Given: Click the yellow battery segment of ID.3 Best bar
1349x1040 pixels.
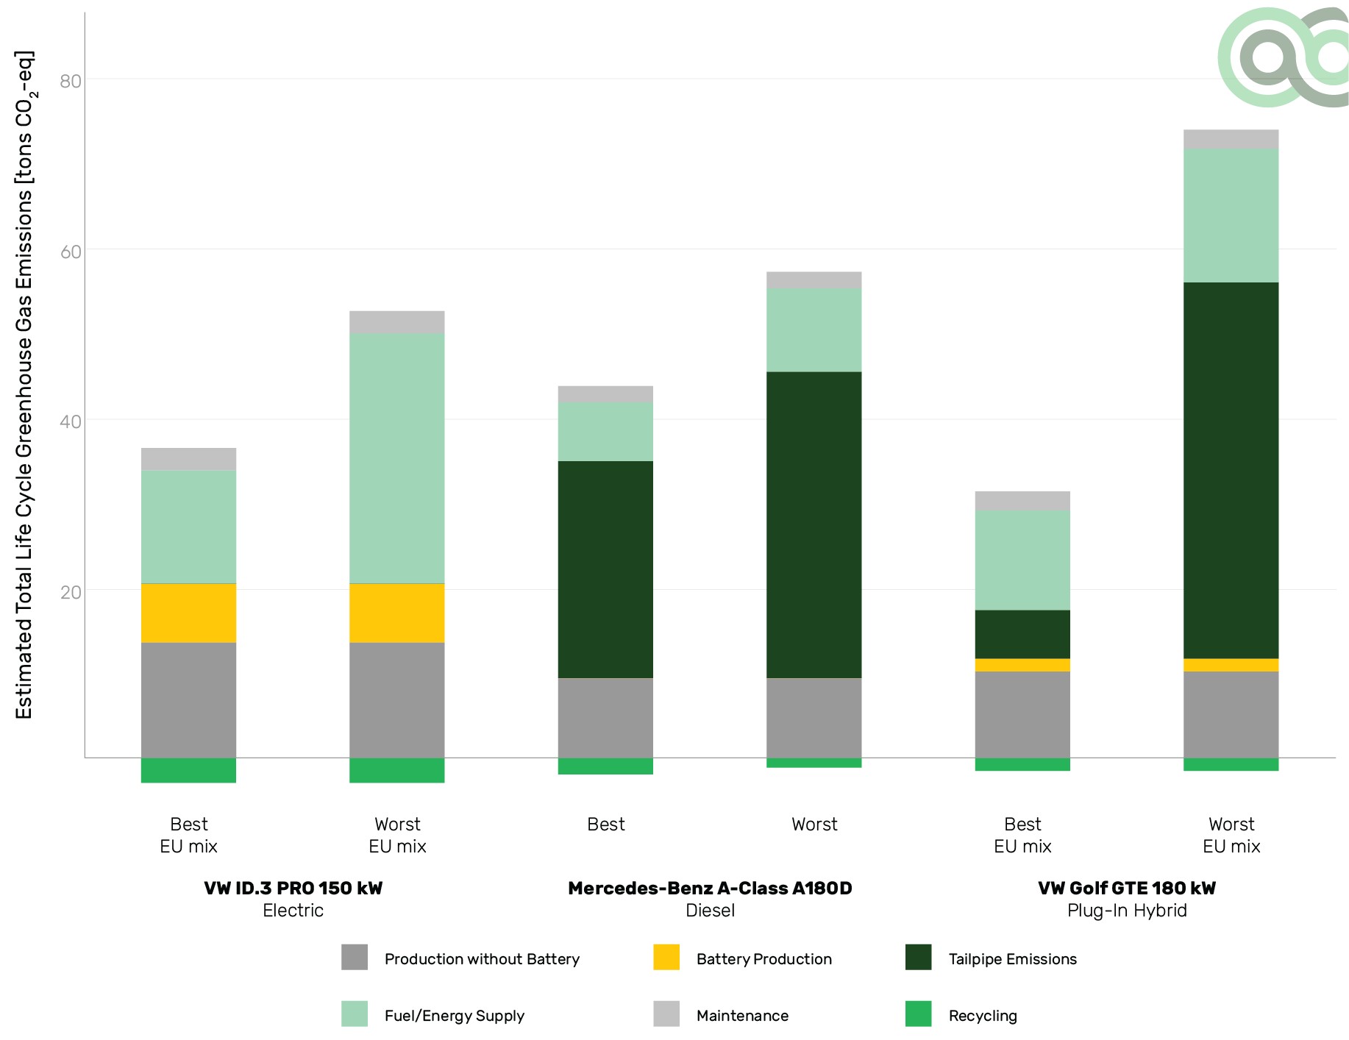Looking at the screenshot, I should (x=188, y=613).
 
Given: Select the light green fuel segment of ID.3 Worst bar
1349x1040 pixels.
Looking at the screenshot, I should (x=396, y=457).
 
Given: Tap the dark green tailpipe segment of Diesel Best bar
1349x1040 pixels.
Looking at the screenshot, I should (x=605, y=569).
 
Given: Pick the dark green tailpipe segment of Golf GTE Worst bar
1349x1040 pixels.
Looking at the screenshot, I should (x=1231, y=470).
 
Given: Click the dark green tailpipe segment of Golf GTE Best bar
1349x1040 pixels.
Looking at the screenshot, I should (x=1022, y=634).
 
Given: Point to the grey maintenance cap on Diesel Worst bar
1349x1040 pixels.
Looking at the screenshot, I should (x=814, y=279).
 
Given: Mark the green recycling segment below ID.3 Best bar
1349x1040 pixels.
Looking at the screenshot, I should (x=188, y=770).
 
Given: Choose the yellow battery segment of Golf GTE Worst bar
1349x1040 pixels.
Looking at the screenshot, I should (x=1231, y=665).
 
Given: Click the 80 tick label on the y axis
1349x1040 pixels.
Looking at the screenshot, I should (x=71, y=80).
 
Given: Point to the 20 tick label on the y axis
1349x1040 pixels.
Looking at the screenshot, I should (x=71, y=592).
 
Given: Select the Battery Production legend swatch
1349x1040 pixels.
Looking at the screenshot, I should (x=666, y=958).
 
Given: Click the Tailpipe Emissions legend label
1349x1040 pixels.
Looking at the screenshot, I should (x=1012, y=959).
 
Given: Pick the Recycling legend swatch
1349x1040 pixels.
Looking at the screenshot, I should (x=918, y=1014).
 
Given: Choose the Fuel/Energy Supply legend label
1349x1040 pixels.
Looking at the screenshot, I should (x=454, y=1016).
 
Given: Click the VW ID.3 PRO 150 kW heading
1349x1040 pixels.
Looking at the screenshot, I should (x=293, y=888).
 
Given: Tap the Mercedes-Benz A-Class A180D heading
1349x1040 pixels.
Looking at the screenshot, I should (x=710, y=888).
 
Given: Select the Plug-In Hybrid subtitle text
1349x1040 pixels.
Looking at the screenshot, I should (x=1127, y=911).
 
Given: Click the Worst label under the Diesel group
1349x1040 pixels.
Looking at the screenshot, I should (x=814, y=824).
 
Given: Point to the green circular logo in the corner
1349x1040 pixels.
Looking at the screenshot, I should (x=1282, y=57).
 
